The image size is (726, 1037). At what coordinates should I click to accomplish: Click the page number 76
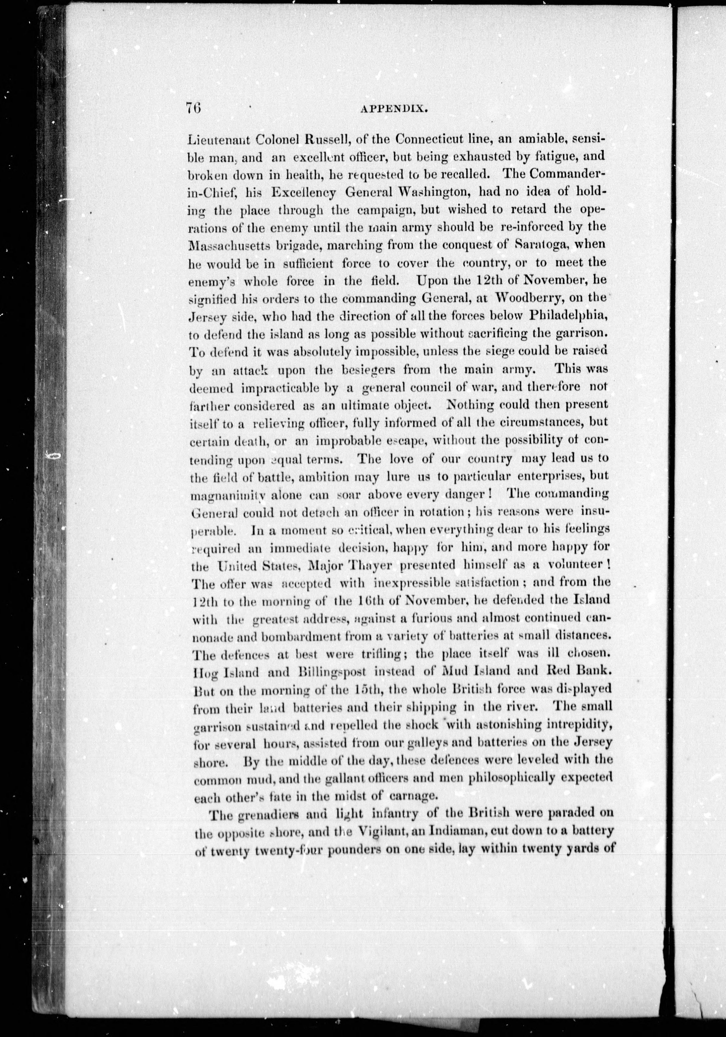(193, 110)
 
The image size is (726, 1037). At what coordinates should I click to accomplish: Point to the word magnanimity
(227, 495)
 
